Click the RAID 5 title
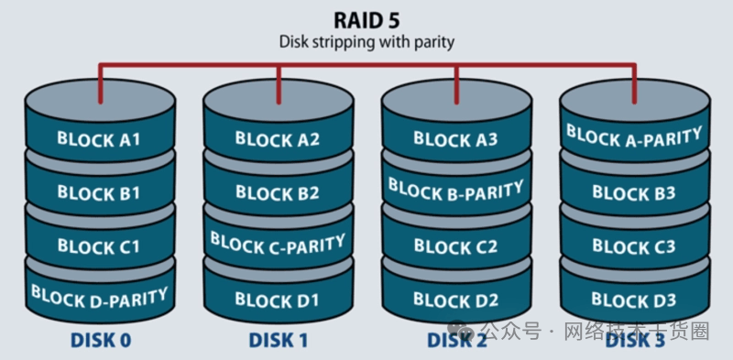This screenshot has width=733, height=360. tap(366, 20)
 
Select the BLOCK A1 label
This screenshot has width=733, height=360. tap(99, 139)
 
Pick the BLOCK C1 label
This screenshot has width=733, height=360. tap(99, 246)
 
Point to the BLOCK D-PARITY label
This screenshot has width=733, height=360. tap(100, 297)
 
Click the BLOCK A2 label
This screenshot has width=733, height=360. tap(278, 139)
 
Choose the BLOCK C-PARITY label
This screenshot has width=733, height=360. tap(278, 243)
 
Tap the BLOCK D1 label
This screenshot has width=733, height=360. tap(277, 300)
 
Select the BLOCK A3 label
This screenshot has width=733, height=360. tap(455, 139)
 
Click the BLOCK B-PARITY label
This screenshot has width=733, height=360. tap(455, 190)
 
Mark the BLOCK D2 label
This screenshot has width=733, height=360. tap(455, 300)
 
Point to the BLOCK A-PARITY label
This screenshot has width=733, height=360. tap(634, 136)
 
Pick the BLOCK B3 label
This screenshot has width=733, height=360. tap(634, 192)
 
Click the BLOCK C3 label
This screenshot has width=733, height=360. tap(634, 246)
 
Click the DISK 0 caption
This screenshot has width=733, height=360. tap(101, 341)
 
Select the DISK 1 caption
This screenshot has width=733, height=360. tap(279, 341)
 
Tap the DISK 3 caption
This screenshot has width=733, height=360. tap(635, 341)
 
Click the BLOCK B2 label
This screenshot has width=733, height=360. tap(278, 192)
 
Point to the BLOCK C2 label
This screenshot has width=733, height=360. tap(455, 246)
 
